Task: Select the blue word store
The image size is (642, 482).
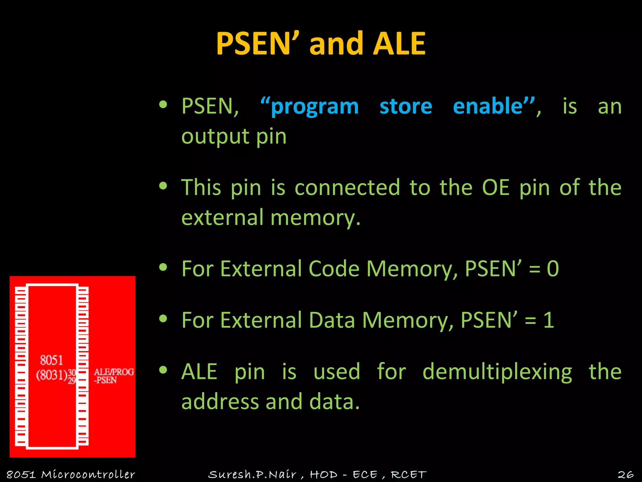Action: [406, 106]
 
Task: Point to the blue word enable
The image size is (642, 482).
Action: [488, 106]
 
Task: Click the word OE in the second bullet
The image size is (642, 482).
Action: [496, 187]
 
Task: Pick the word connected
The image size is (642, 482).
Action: [347, 187]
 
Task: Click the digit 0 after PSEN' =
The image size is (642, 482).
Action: [553, 269]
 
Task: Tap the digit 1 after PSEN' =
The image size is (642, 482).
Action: [549, 320]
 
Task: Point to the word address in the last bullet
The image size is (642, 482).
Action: [220, 402]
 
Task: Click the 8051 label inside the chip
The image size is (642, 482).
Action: [51, 360]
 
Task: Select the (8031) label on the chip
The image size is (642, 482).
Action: [52, 375]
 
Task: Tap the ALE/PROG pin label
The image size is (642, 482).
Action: [114, 372]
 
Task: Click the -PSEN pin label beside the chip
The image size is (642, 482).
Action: [105, 380]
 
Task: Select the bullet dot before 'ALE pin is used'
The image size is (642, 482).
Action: [163, 370]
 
